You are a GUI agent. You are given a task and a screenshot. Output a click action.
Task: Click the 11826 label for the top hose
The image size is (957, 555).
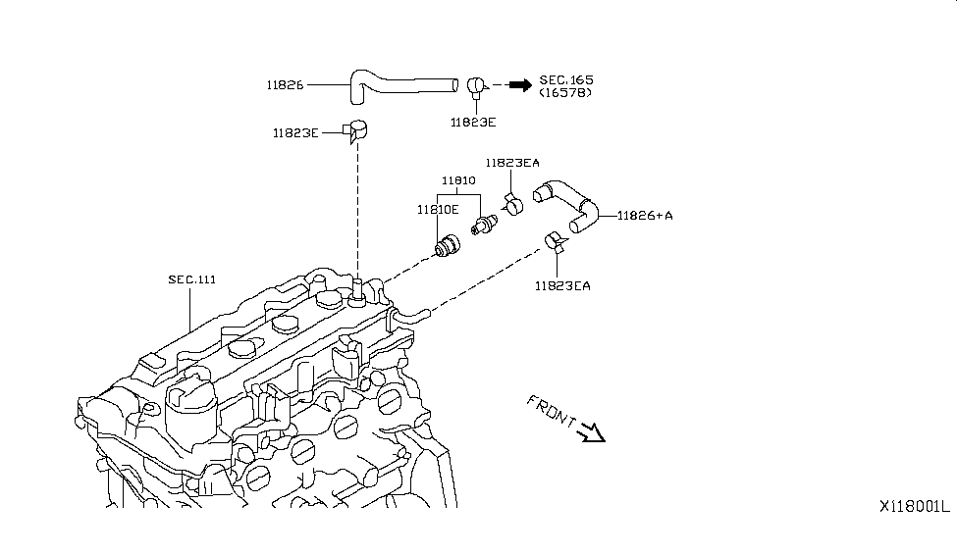click(284, 85)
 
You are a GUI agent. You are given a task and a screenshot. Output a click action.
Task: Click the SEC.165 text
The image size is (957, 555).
click(565, 78)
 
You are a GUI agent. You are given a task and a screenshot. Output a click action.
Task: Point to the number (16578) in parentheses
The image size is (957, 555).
click(565, 92)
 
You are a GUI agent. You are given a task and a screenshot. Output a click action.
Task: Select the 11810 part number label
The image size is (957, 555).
click(457, 181)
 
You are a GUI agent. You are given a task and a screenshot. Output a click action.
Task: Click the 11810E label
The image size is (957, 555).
click(438, 209)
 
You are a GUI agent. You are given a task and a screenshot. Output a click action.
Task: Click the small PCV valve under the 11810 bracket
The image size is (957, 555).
click(485, 225)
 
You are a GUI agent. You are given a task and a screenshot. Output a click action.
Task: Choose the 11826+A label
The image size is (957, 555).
click(645, 216)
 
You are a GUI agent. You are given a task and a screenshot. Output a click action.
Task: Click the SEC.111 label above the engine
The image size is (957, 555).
click(191, 279)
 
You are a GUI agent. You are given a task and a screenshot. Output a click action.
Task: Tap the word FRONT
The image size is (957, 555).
click(552, 413)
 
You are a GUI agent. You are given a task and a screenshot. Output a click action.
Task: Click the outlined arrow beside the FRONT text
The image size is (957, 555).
click(592, 432)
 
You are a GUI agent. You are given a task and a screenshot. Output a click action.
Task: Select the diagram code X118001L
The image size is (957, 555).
click(913, 507)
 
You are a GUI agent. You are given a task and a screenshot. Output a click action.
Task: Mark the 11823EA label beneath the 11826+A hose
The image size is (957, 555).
click(562, 286)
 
